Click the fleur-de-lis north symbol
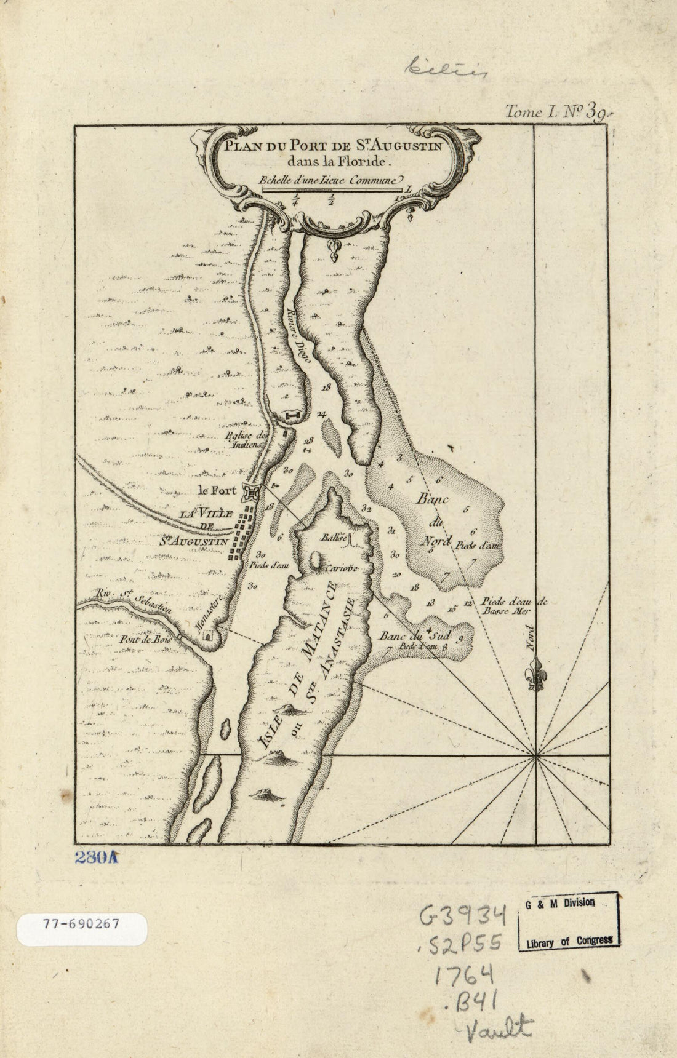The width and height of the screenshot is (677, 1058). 537,675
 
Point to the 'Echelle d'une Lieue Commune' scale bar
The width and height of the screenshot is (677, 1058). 333,190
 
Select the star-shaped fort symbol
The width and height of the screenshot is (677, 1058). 252,493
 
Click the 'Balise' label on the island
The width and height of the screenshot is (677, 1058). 331,537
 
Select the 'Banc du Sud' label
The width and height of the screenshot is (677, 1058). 407,635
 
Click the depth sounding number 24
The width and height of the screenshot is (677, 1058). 321,414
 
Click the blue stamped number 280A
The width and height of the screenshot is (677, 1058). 95,858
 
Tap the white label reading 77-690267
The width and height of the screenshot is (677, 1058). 81,924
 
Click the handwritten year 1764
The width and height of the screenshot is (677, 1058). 465,974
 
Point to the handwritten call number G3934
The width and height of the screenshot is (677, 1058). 463,916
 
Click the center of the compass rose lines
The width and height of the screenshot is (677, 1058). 537,754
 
